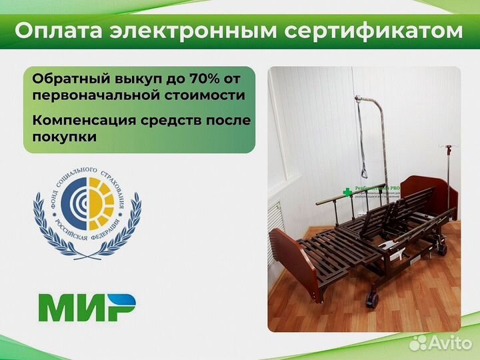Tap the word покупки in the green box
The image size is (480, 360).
point(63,137)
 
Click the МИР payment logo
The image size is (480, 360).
point(87,307)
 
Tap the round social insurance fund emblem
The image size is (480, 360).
point(86,207)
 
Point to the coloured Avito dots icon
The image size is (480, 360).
point(419,343)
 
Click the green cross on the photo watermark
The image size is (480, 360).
point(347,193)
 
